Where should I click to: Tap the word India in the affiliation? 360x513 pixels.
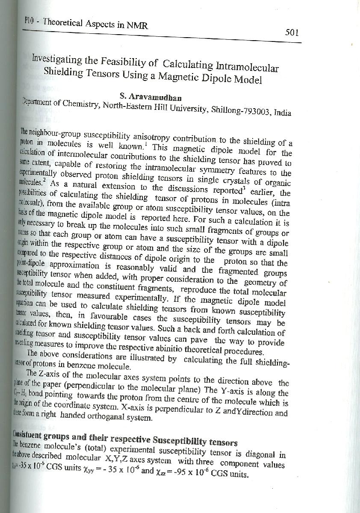[280, 113]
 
